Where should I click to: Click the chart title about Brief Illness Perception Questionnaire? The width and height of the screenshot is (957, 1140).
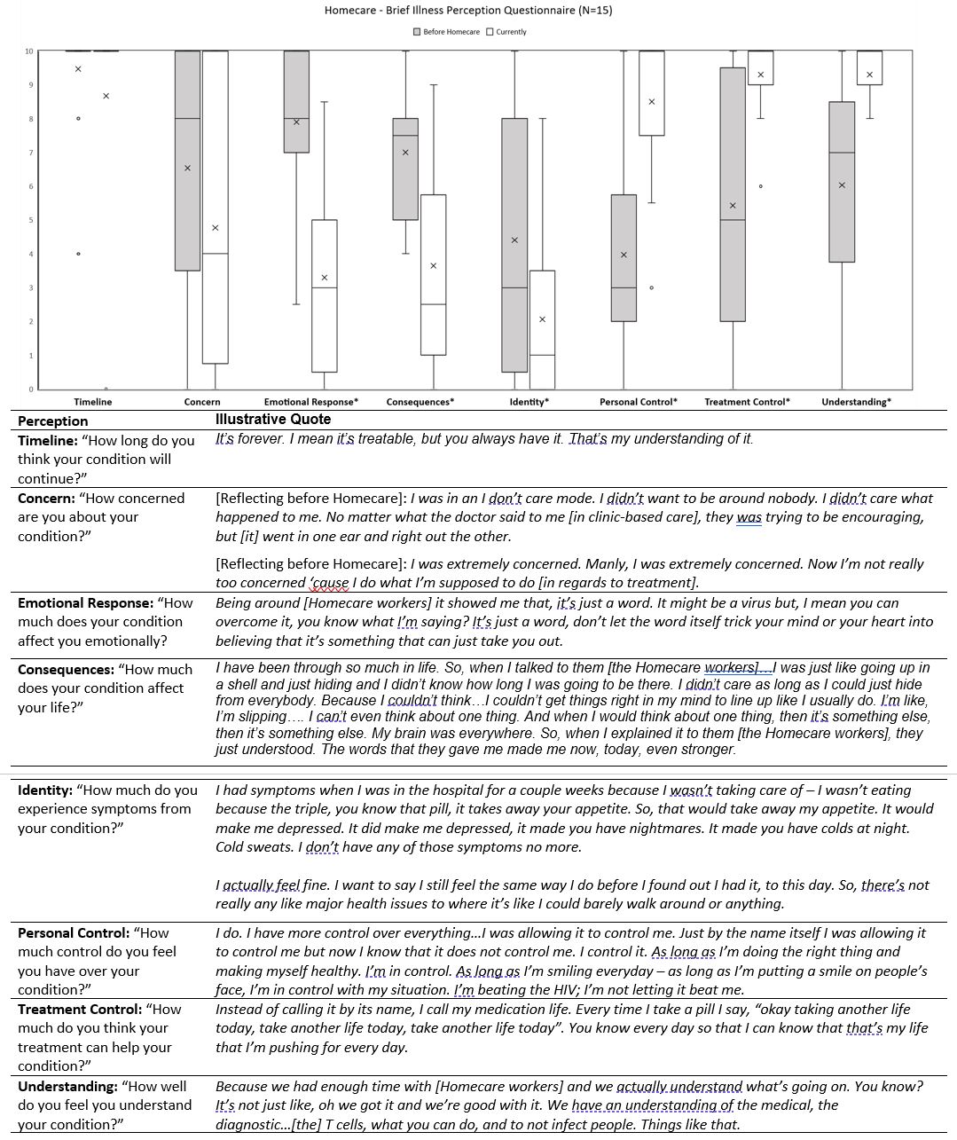click(468, 11)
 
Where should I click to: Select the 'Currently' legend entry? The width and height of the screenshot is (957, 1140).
click(506, 32)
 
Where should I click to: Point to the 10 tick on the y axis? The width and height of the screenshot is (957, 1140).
click(29, 51)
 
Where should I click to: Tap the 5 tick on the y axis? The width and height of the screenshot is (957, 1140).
click(30, 220)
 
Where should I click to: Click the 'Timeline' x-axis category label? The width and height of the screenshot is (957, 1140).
click(93, 402)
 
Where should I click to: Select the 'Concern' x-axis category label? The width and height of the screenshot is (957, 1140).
click(202, 402)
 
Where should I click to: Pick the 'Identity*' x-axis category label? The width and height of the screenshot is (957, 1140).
click(529, 402)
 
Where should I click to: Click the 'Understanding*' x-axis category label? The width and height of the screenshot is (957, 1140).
click(856, 402)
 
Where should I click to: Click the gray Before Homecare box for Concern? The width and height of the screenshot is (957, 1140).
click(187, 160)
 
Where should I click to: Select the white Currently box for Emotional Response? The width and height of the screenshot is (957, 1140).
click(325, 295)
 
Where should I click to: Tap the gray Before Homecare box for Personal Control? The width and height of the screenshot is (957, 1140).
click(624, 257)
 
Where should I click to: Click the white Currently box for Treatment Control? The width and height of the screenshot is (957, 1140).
click(761, 67)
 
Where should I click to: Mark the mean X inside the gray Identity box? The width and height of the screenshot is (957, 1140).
click(514, 240)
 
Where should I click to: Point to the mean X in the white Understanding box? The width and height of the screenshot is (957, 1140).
click(869, 75)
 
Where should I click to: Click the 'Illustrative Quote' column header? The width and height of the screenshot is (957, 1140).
click(273, 420)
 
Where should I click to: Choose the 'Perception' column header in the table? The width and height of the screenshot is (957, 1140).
click(53, 421)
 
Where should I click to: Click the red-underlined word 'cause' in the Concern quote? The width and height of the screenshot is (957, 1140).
click(331, 583)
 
